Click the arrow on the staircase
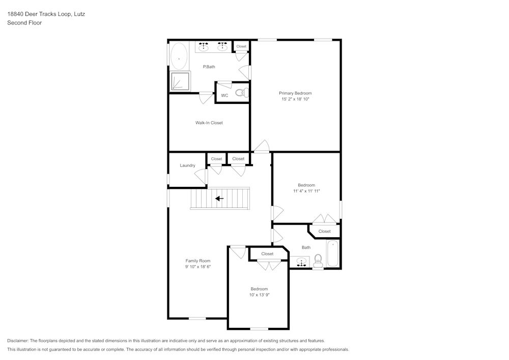219,199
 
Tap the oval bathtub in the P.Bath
179,57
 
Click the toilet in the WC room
242,93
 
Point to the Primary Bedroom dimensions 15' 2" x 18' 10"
295,100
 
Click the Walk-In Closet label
209,123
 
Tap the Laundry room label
187,165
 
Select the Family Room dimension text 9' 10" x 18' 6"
197,267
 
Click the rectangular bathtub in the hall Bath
332,253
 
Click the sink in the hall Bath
301,263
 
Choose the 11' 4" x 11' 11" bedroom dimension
306,191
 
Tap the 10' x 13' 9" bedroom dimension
259,295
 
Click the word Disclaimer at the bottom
18,341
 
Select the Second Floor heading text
24,23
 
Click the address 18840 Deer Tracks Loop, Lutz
46,14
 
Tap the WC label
224,96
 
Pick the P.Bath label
209,67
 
